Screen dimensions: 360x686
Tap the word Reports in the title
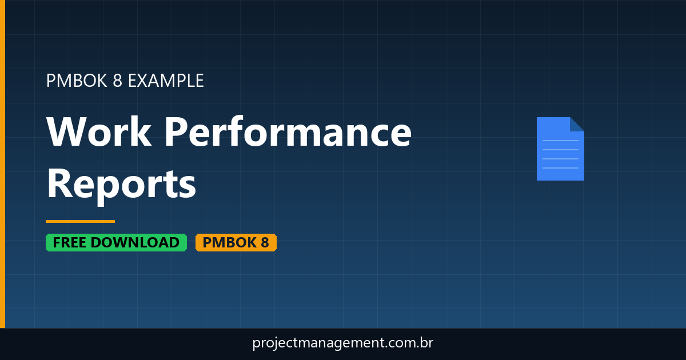[x=121, y=184]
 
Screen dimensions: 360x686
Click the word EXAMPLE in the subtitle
[x=166, y=81]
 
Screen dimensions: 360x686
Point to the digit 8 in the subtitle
[x=117, y=81]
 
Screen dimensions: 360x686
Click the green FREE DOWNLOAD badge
[x=116, y=242]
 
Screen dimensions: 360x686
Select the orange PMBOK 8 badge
[x=236, y=242]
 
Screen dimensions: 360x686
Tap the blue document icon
[x=560, y=149]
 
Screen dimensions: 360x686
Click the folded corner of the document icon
[x=577, y=123]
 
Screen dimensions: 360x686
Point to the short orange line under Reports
[x=80, y=221]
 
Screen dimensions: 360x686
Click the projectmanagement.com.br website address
[x=343, y=343]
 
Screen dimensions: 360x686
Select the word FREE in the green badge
[x=70, y=242]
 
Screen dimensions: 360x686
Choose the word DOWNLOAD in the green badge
[x=135, y=242]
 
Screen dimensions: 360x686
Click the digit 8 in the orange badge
[x=264, y=242]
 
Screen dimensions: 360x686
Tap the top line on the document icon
[x=560, y=140]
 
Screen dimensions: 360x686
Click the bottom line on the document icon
[x=560, y=168]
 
